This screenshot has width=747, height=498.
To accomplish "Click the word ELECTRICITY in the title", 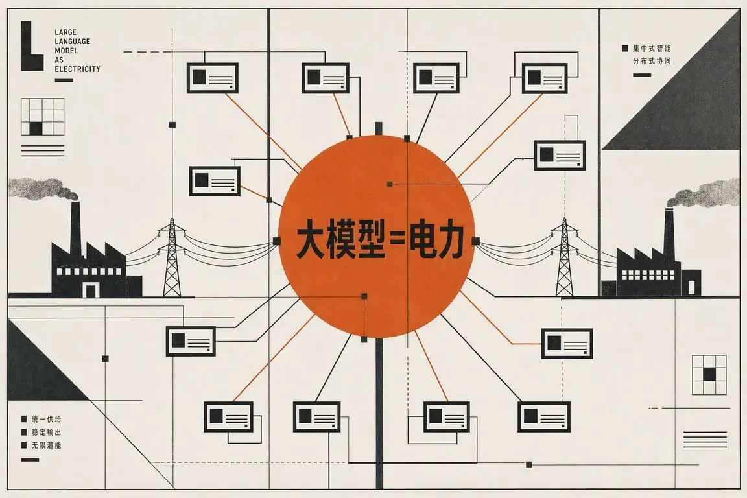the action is coord(77,69).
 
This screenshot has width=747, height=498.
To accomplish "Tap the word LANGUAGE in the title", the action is coord(72,41).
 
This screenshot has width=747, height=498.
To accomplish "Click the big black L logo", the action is coord(31,46).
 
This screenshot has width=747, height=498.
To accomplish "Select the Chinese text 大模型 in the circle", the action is coord(340,239).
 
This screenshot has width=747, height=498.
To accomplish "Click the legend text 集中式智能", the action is coord(652,48).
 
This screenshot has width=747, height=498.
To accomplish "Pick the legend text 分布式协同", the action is coord(652,61).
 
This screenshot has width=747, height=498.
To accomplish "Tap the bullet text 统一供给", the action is coord(46,420).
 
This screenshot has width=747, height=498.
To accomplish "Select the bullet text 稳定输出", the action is coord(46,433).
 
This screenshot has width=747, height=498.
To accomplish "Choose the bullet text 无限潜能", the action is coord(46,445).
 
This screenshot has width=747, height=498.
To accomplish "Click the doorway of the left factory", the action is coord(91,290).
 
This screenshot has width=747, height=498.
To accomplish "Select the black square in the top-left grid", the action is coord(36,128).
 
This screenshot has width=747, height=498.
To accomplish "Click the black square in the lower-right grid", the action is coord(709,375).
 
